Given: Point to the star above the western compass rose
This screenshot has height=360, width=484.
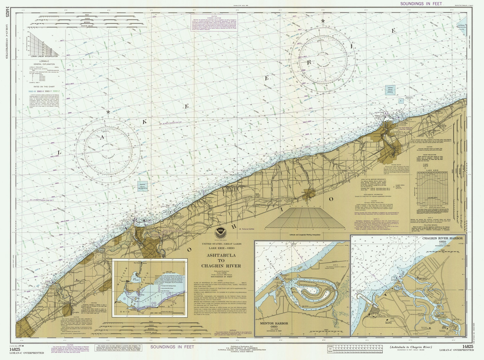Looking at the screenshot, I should pos(109,112).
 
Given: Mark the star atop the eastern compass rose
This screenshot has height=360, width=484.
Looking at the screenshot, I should pos(323,20).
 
